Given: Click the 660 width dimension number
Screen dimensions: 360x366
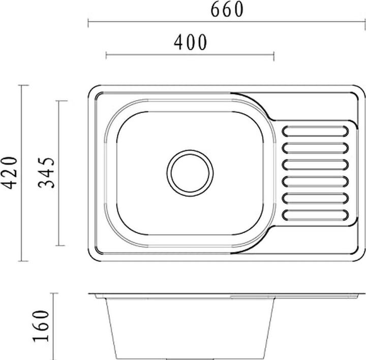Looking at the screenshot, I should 227,10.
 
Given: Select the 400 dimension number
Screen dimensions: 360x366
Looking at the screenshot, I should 191,43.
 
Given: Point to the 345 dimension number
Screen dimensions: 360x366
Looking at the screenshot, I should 47,173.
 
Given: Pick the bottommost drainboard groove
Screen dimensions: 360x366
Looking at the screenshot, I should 315,214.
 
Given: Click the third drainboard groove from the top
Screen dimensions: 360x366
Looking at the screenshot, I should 315,165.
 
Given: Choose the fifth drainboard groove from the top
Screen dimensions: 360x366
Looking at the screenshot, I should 315,198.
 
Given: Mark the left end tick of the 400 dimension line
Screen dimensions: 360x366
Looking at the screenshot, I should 106,55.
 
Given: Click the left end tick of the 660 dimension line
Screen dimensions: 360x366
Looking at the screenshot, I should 88,22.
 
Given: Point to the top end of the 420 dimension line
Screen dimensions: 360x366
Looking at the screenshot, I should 21,86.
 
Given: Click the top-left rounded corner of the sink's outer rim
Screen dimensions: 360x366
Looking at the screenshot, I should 93,90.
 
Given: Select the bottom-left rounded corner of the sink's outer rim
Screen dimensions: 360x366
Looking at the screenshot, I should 93,256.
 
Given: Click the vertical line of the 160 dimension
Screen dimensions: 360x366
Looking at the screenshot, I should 54,325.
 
